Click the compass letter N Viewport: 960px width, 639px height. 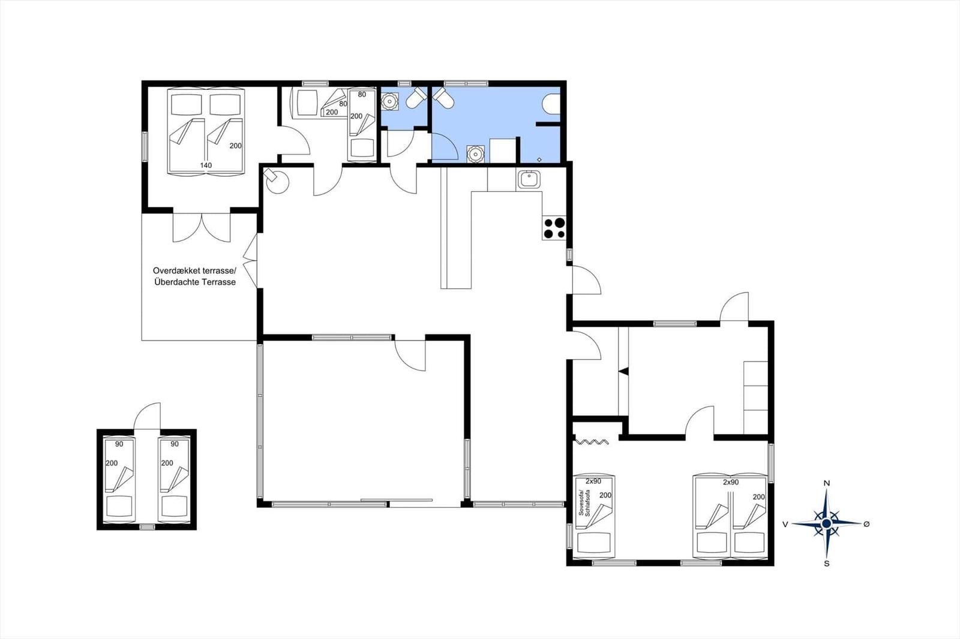(x=827, y=483)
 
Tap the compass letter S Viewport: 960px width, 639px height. (x=827, y=563)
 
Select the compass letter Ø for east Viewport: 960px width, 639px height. (x=866, y=524)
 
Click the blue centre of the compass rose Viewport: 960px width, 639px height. (x=827, y=523)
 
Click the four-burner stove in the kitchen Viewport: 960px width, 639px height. (x=554, y=228)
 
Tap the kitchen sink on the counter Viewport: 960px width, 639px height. (x=530, y=179)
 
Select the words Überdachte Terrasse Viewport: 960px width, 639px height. (x=195, y=282)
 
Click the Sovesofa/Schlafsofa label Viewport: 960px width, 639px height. (x=584, y=503)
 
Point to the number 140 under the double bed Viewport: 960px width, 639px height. (x=206, y=165)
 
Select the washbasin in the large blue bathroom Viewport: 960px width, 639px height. (x=475, y=153)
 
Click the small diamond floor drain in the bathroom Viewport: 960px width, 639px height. (x=539, y=159)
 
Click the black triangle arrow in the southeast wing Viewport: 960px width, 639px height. (x=624, y=371)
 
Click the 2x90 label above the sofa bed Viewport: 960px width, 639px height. (x=593, y=481)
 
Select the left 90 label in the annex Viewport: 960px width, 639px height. (x=119, y=444)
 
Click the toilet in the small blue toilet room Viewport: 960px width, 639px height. (x=416, y=98)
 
